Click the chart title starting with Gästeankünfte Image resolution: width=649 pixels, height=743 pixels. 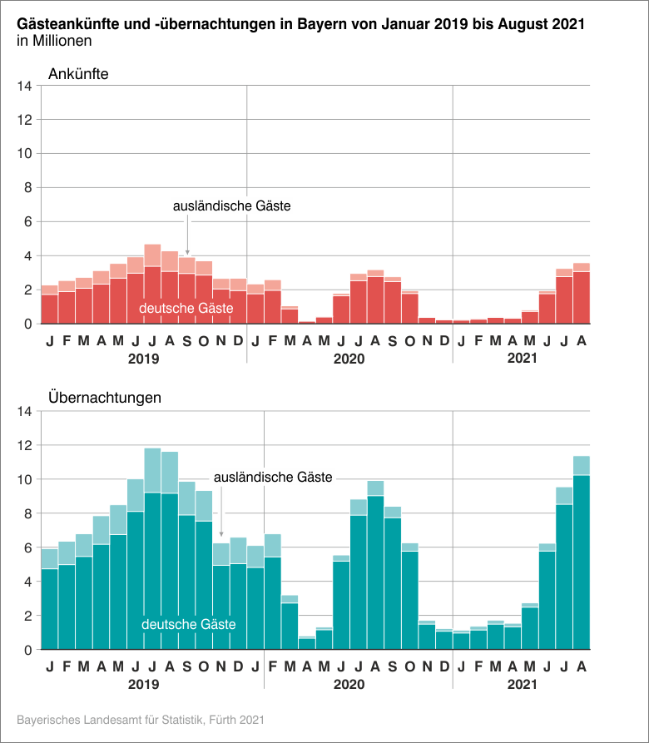point(300,25)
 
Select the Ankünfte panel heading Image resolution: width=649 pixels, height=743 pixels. point(79,73)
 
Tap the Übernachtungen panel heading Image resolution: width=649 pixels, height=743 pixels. point(105,398)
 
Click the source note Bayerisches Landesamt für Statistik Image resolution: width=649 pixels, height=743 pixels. point(141,718)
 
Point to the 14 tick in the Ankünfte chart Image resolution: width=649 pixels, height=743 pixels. point(24,86)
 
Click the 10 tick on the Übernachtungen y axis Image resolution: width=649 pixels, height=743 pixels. point(24,479)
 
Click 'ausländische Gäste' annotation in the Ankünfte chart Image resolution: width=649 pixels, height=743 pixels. point(231,206)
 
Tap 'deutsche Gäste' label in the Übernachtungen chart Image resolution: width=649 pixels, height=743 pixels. point(189,624)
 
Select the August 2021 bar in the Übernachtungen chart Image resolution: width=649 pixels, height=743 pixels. point(582,557)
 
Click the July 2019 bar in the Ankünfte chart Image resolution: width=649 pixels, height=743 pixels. point(152,287)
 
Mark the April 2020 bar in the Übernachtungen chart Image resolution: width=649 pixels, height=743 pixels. point(307,643)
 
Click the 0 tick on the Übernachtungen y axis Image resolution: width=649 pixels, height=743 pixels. point(27,649)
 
